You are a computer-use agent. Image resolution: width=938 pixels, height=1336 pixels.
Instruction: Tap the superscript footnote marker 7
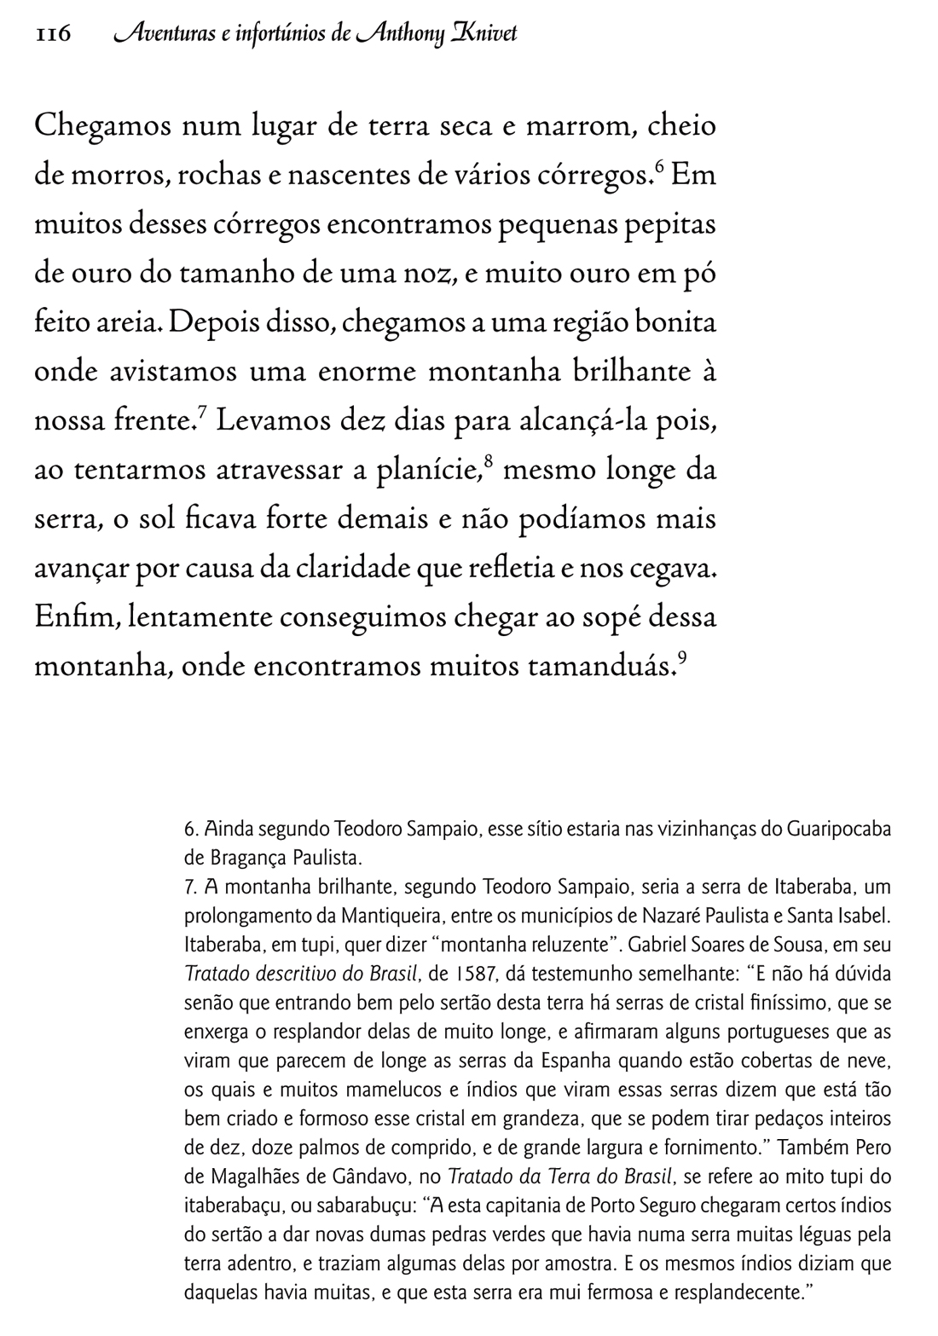(202, 413)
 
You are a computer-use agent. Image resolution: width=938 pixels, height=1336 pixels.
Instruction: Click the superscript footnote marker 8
(489, 462)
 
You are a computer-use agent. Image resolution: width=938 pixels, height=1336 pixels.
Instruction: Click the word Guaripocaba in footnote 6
(838, 829)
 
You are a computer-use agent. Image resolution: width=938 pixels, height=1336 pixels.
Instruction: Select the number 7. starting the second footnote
(190, 887)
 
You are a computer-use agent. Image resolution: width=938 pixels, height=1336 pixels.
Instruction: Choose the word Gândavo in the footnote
(382, 1177)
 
